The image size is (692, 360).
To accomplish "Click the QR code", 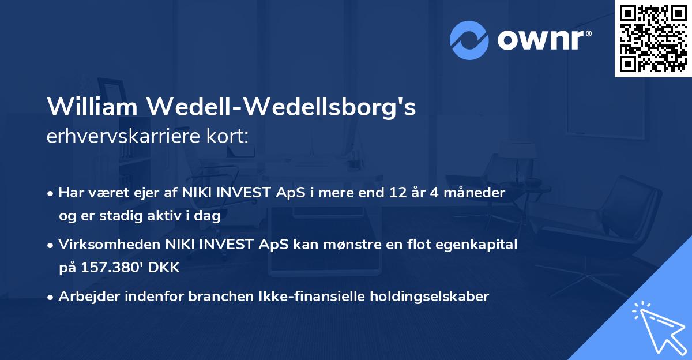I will [653, 39].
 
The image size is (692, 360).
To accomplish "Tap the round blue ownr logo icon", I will [469, 40].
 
